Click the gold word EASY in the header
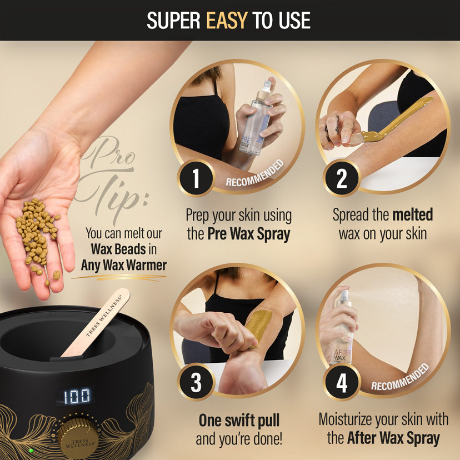pyautogui.click(x=227, y=21)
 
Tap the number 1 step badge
pyautogui.click(x=196, y=178)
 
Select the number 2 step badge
pyautogui.click(x=341, y=178)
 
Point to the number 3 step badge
pyautogui.click(x=196, y=382)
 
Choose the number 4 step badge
pyautogui.click(x=341, y=382)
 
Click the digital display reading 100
pyautogui.click(x=77, y=396)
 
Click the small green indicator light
pyautogui.click(x=31, y=450)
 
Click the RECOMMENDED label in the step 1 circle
pyautogui.click(x=254, y=173)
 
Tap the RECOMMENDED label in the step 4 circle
pyautogui.click(x=400, y=377)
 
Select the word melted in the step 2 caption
pyautogui.click(x=412, y=214)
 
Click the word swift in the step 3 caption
pyautogui.click(x=239, y=421)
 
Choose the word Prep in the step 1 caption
pyautogui.click(x=198, y=217)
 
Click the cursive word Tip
pyautogui.click(x=112, y=194)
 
